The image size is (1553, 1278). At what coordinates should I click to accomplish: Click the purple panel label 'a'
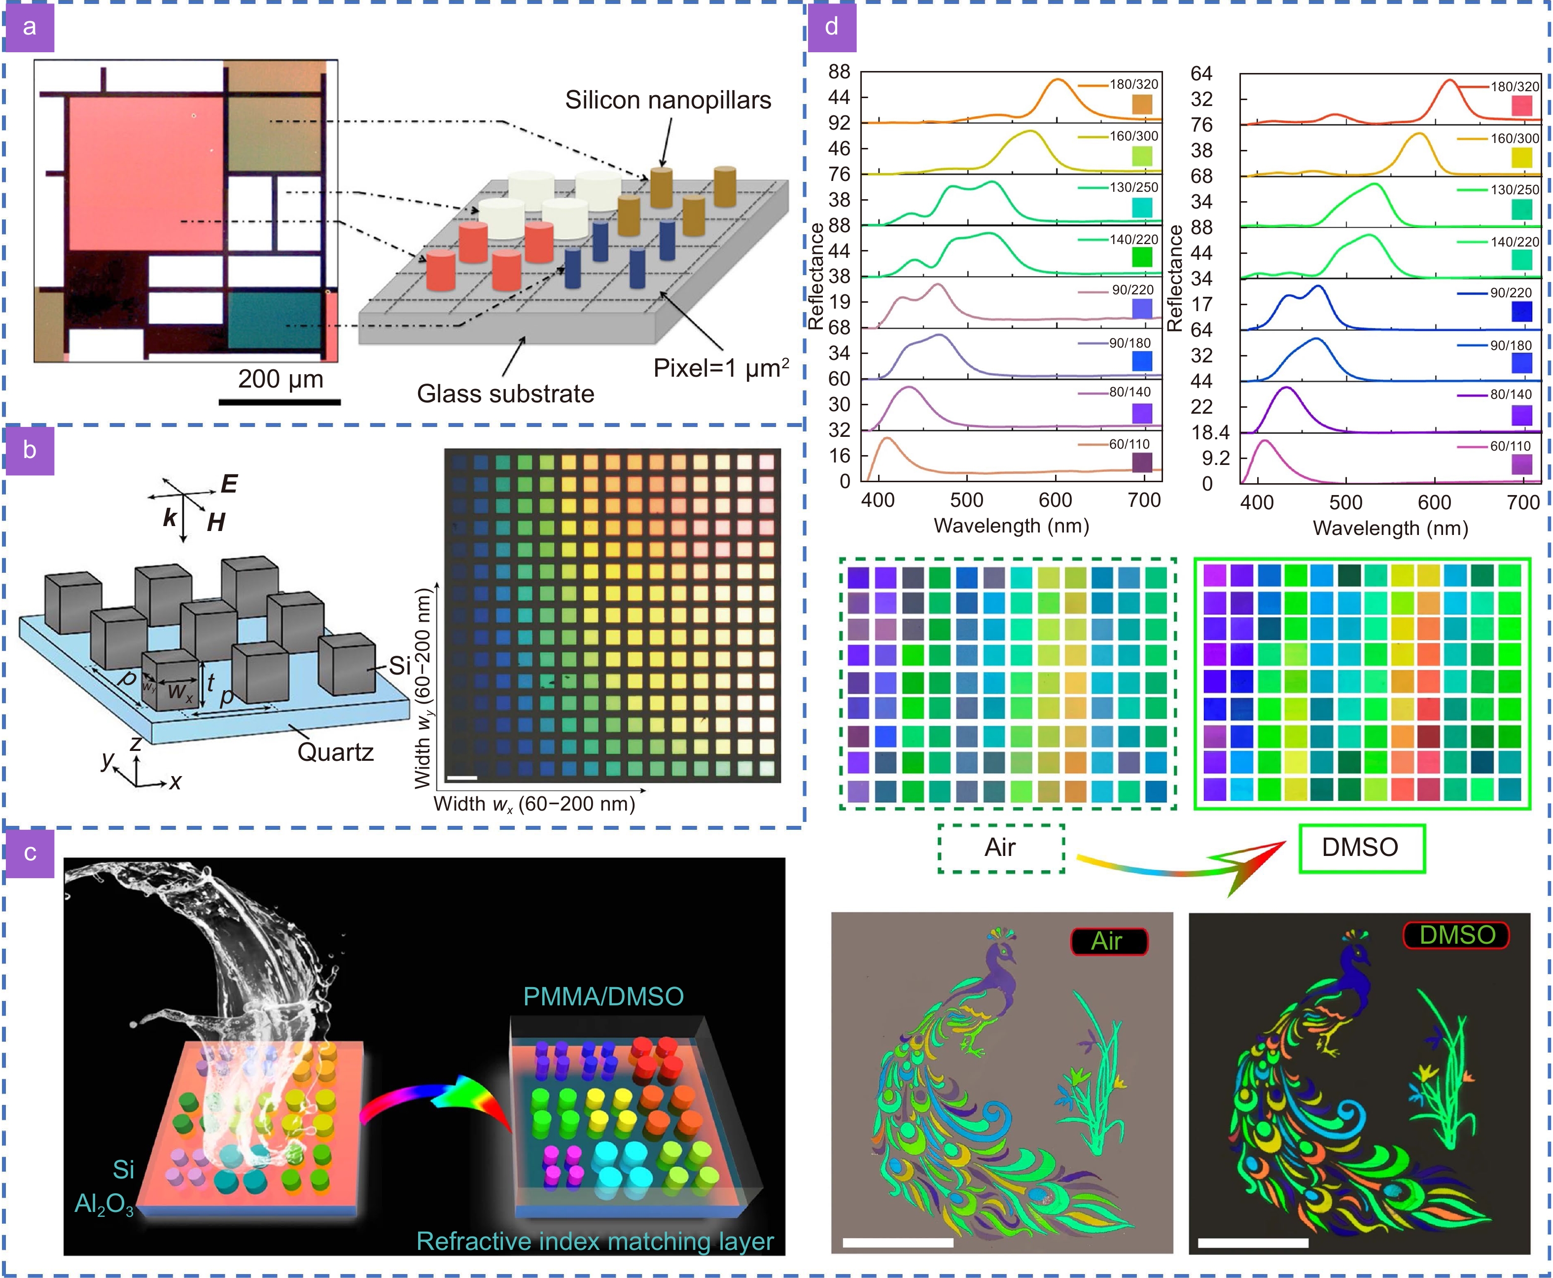click(30, 27)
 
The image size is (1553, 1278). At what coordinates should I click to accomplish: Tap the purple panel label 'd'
click(832, 27)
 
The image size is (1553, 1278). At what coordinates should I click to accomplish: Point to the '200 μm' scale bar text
click(281, 379)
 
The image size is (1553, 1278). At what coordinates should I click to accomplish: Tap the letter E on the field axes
click(230, 484)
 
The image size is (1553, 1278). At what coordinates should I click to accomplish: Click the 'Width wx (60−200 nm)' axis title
click(534, 804)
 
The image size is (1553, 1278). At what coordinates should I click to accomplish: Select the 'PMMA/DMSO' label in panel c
click(603, 996)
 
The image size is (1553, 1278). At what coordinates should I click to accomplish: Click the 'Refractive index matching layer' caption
click(595, 1241)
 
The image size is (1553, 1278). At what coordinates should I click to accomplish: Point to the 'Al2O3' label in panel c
click(104, 1205)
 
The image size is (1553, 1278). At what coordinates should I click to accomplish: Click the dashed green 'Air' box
click(1000, 848)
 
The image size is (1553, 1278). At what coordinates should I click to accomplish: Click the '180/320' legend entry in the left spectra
click(1133, 85)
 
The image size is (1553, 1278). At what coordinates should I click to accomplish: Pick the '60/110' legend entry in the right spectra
click(1510, 446)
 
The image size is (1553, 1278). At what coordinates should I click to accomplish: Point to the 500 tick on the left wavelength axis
click(966, 500)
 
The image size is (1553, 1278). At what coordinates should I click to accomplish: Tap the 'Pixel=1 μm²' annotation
click(721, 368)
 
